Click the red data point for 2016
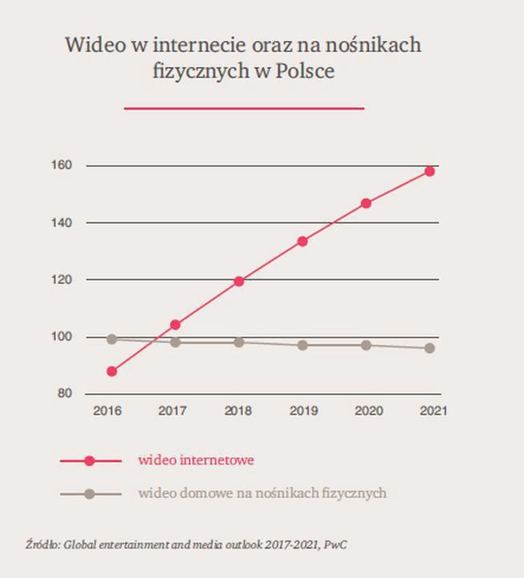pos(111,371)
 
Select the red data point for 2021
pos(430,171)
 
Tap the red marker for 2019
pos(302,241)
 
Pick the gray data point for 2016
pos(111,339)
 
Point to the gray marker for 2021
pos(430,348)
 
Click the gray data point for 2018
pos(238,342)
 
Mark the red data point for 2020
pos(366,203)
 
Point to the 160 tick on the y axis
pos(63,165)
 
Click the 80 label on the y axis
pos(66,394)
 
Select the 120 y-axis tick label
pos(63,280)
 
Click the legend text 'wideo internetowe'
pos(196,460)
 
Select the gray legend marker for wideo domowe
pos(90,494)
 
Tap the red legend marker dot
pos(90,461)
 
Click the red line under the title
pos(243,108)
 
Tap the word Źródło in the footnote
pos(42,545)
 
